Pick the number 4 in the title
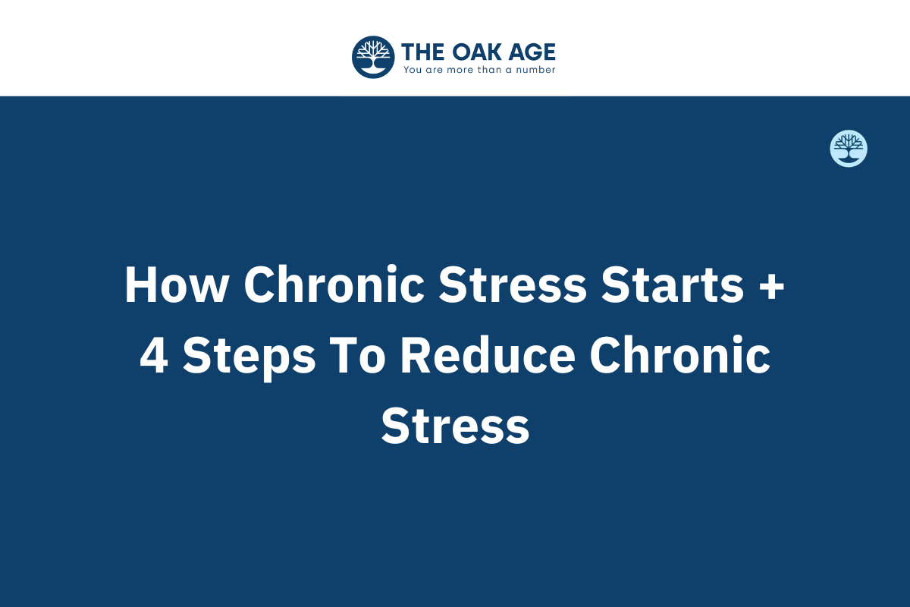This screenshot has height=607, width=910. [x=153, y=356]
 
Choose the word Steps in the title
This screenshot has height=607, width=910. [x=249, y=357]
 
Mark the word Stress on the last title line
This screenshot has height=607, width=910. [x=455, y=426]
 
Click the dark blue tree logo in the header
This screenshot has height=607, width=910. [x=373, y=57]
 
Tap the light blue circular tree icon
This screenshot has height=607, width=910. [x=849, y=149]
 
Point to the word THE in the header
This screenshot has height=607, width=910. [x=421, y=52]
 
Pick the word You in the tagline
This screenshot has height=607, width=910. [x=412, y=70]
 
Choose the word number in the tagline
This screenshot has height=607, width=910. [x=535, y=70]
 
